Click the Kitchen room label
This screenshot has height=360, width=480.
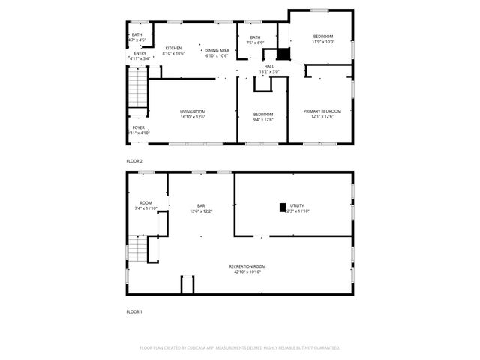coord(173,48)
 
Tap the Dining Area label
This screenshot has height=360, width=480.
coord(217,50)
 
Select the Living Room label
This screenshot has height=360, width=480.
coord(193,112)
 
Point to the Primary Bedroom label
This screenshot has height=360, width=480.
coord(322,112)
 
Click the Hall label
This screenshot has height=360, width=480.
coord(268,67)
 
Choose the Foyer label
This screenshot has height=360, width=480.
coord(139,128)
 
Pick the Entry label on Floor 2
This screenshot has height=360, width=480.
coord(140,53)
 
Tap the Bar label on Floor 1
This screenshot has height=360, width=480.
coord(201,206)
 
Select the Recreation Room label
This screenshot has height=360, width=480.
coord(247,266)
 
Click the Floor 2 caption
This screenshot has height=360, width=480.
coord(134,161)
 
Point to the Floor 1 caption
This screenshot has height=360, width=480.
coord(134,311)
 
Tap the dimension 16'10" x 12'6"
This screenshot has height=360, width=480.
coord(193,117)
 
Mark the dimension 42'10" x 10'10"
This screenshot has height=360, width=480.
coord(247,271)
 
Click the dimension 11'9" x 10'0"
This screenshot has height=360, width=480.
coord(323,42)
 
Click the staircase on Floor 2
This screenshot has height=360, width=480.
coord(136,87)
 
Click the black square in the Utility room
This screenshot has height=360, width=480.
coord(283,207)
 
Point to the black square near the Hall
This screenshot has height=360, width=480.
coord(283,54)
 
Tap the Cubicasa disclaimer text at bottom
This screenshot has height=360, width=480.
coord(240,348)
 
